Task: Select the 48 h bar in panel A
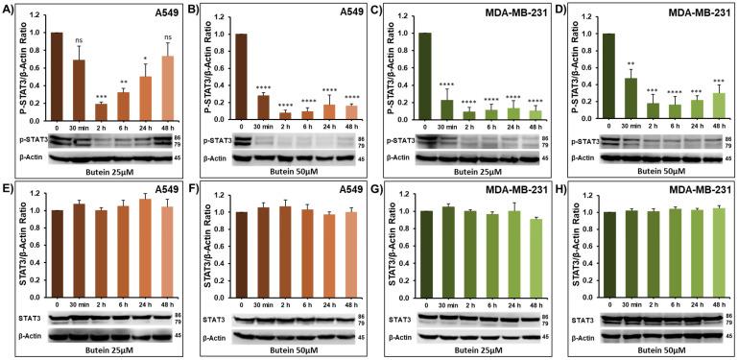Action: (167, 87)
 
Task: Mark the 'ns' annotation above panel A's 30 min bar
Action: (80, 39)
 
